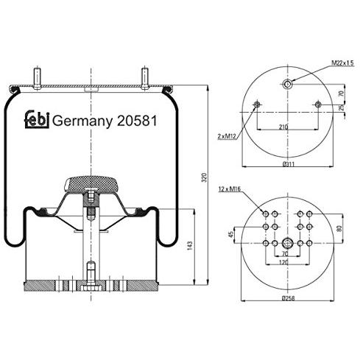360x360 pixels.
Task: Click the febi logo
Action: click(x=37, y=119)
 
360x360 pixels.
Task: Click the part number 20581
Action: click(x=137, y=121)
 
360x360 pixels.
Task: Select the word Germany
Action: click(x=82, y=121)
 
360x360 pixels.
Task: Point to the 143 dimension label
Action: click(x=190, y=246)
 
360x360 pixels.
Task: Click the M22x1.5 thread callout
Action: click(x=343, y=63)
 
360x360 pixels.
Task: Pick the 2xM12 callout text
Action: click(x=227, y=136)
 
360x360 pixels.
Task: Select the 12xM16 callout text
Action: click(x=230, y=189)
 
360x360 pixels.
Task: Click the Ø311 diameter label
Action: click(x=289, y=164)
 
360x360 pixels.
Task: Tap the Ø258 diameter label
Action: click(x=288, y=298)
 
